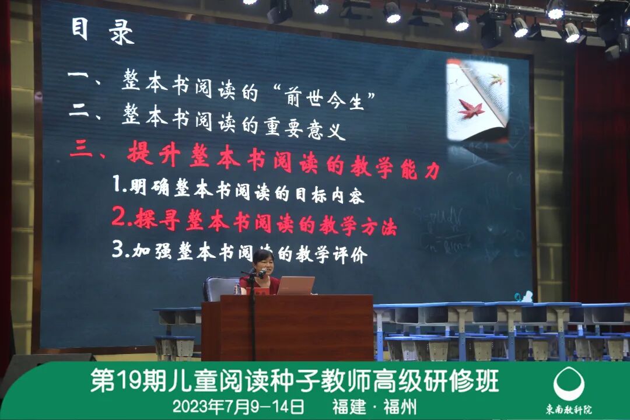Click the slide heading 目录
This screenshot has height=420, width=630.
coord(102,32)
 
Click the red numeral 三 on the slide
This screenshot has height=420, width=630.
coord(81,151)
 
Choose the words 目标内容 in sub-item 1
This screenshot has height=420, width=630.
coord(329,196)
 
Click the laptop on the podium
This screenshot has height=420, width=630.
coord(296,285)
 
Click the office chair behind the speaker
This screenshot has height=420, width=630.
coord(220,288)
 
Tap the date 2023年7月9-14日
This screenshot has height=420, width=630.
coord(238,406)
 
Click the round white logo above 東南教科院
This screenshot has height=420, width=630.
coord(569,384)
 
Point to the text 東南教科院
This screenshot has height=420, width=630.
coord(569,409)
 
